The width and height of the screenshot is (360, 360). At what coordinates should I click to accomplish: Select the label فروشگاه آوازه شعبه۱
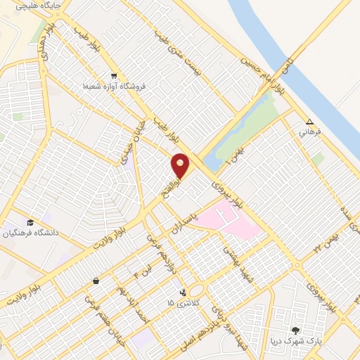114,86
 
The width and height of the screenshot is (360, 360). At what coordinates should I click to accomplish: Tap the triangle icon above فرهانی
309,120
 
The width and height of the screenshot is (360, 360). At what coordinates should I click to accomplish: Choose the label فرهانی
309,131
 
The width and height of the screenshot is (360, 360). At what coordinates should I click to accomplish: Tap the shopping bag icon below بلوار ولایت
95,281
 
